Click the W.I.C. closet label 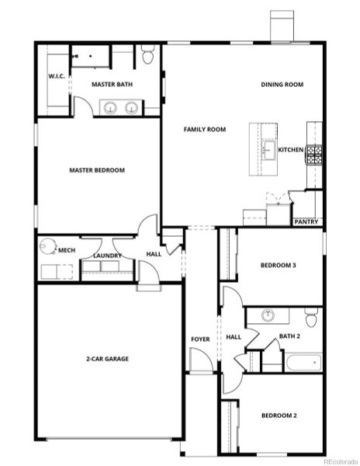(57, 76)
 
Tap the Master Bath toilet (147, 54)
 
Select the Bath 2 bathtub (303, 362)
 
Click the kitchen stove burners (314, 155)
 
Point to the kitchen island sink (268, 151)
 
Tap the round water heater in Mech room (48, 246)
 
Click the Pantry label (306, 221)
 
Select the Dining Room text (282, 85)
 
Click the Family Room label (205, 129)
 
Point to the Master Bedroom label (97, 170)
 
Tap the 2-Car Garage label (107, 359)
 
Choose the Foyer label (200, 339)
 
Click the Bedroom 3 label (279, 265)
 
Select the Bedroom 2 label (279, 416)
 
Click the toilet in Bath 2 (311, 317)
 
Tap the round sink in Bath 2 (268, 315)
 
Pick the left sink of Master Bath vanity (110, 107)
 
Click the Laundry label (107, 256)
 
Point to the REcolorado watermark (341, 461)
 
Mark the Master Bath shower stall (91, 56)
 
